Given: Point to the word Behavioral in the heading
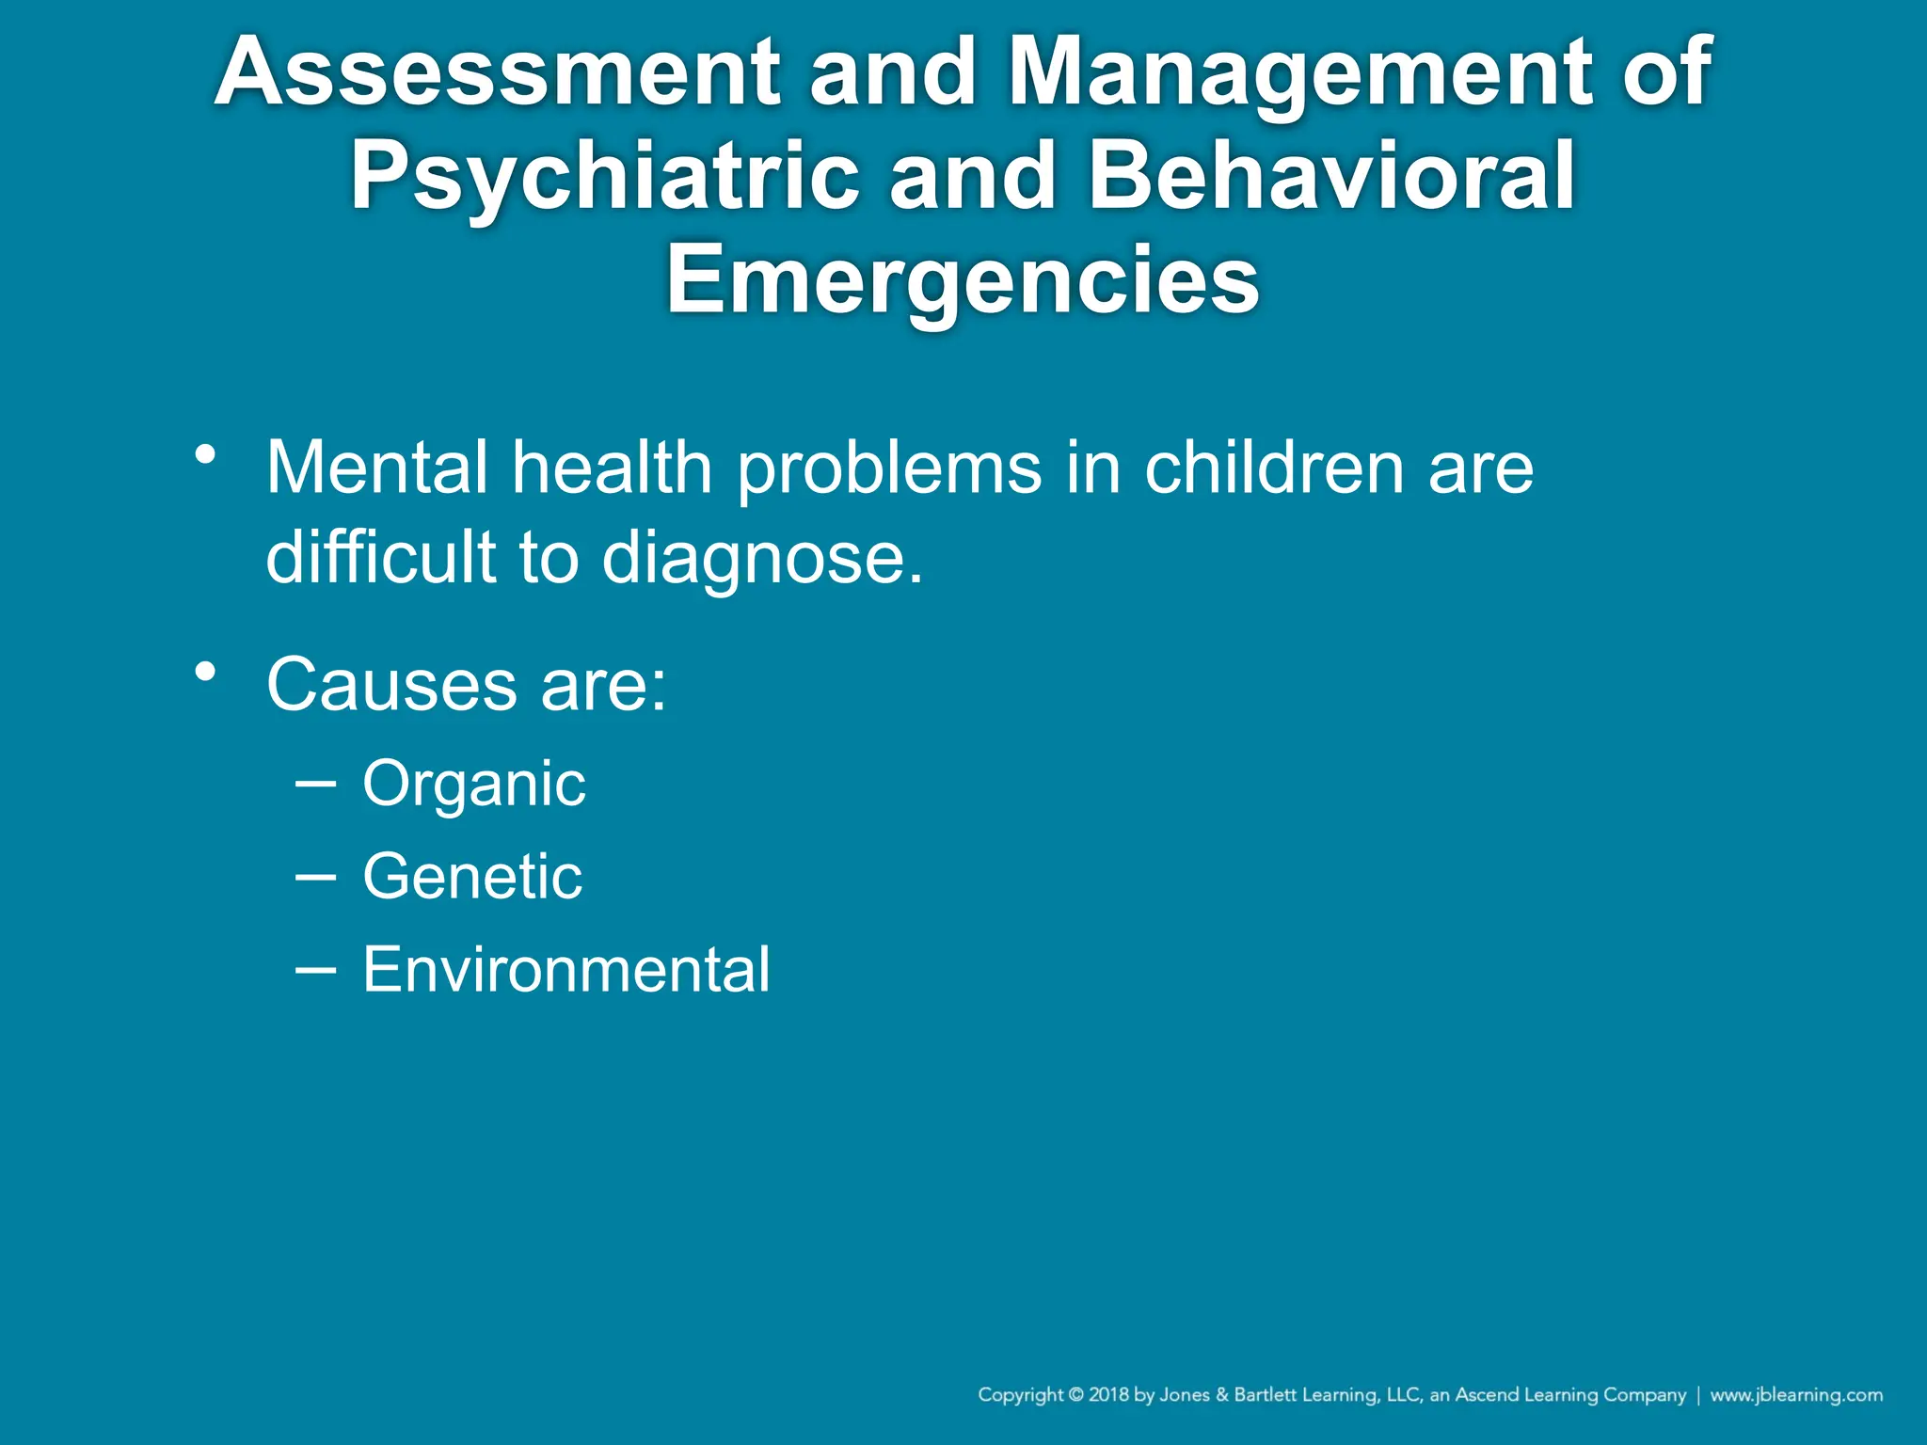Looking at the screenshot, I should (1331, 177).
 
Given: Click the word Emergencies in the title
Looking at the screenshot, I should (963, 280).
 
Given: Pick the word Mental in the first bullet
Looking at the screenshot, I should (376, 468).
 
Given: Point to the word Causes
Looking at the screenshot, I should (391, 684).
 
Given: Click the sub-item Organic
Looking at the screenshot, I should (474, 784).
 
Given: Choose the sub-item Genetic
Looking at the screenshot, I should (472, 877).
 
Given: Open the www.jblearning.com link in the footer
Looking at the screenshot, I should (1796, 1395).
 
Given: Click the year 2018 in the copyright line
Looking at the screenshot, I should (1109, 1395).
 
